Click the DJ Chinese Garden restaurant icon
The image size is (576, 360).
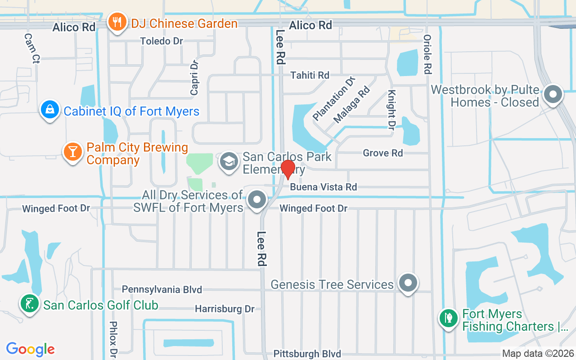pos(117,22)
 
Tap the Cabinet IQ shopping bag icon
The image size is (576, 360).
pos(49,109)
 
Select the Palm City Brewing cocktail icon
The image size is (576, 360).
pos(72,151)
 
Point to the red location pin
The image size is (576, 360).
pos(288,169)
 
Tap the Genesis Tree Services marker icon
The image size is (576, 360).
pos(408,283)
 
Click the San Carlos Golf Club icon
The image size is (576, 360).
pos(30,304)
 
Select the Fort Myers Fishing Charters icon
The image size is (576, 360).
pos(449,319)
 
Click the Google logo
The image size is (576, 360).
pos(31,349)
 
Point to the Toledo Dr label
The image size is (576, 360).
pos(162,41)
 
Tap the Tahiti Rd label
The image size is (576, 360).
pos(310,75)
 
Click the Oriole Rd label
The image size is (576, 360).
pos(427,54)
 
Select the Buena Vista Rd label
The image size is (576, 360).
pos(323,187)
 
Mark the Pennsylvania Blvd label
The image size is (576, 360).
pos(162,289)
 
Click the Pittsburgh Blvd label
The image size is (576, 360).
pos(307,354)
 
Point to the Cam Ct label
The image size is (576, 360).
pos(32,48)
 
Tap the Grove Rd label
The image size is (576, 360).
pos(382,153)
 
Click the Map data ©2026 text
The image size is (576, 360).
pos(538,354)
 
